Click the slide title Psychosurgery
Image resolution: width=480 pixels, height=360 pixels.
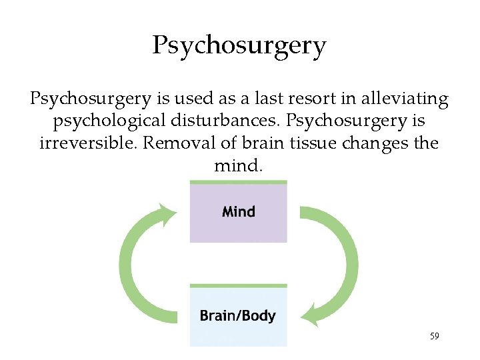click(239, 46)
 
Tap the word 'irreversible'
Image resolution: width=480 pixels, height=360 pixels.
click(87, 143)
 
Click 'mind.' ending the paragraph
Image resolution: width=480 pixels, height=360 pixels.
click(239, 165)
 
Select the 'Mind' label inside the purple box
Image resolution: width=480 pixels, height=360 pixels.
click(239, 212)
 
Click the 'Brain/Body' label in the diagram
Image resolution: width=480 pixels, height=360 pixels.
click(238, 315)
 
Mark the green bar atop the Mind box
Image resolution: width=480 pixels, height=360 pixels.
click(239, 182)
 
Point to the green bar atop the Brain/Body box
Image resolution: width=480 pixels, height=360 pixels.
click(239, 285)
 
